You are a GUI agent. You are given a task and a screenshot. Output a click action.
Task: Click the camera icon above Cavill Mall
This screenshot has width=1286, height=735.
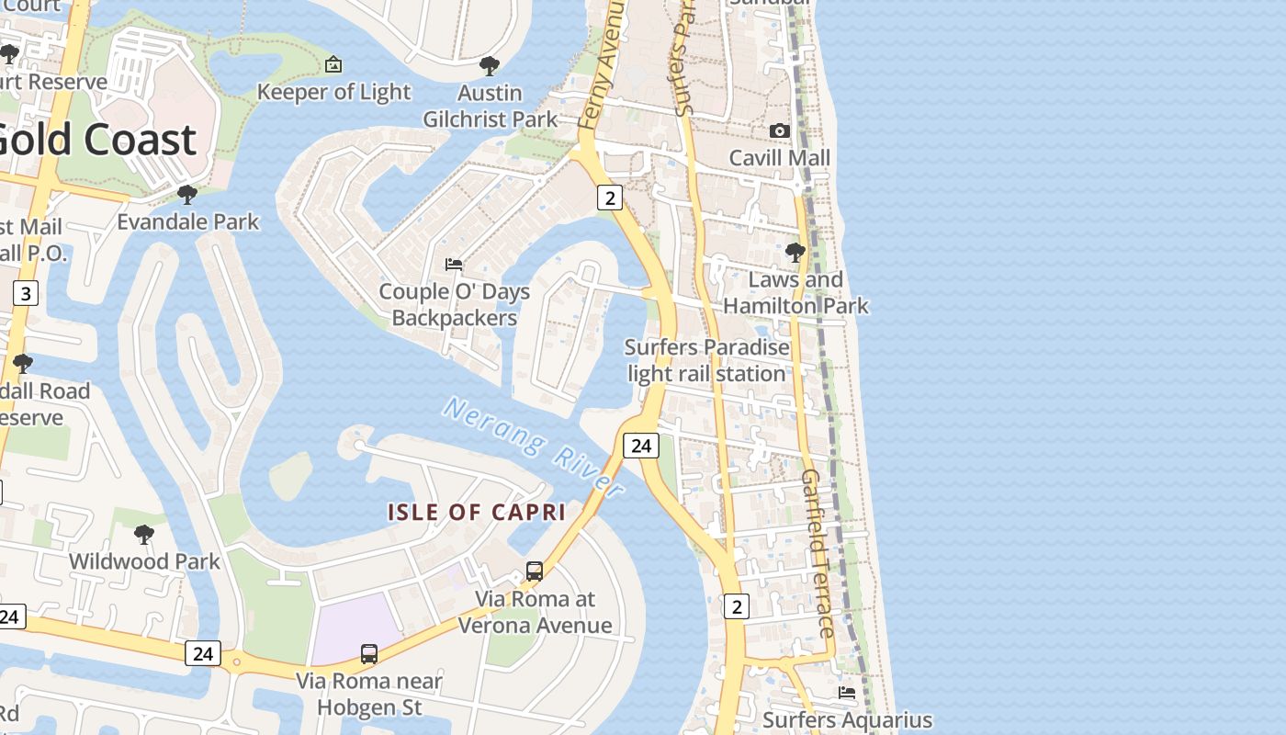click(x=779, y=131)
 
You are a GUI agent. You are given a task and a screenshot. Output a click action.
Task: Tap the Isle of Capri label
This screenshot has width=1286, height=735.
click(x=476, y=513)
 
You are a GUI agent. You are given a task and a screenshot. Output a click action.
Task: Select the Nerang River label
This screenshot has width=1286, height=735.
click(x=533, y=447)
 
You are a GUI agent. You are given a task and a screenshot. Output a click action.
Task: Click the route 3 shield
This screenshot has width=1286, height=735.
click(x=26, y=294)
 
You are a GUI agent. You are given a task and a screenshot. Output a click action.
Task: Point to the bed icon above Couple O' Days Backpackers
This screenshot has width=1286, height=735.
click(x=454, y=265)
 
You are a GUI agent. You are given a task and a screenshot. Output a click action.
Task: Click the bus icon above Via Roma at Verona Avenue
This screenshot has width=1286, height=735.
click(x=535, y=571)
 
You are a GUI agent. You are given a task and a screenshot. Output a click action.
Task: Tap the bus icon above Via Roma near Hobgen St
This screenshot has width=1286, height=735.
click(x=368, y=654)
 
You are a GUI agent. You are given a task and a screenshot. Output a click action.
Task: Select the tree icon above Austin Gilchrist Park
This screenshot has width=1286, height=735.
click(x=490, y=66)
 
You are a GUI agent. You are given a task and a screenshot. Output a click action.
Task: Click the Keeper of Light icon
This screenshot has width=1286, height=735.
click(x=333, y=64)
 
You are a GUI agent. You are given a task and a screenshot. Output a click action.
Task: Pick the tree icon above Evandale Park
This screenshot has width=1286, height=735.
click(x=187, y=195)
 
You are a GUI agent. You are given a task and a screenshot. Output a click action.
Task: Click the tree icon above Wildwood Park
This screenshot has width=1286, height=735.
click(x=144, y=535)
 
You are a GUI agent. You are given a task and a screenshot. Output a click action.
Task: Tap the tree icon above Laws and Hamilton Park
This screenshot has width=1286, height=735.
click(x=795, y=252)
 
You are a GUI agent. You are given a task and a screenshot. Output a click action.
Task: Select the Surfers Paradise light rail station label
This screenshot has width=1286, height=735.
click(x=706, y=360)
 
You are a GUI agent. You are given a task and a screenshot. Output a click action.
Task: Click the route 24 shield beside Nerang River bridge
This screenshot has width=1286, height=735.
click(x=641, y=446)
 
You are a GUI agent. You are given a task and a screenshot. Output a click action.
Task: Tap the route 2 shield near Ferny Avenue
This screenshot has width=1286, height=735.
click(x=610, y=197)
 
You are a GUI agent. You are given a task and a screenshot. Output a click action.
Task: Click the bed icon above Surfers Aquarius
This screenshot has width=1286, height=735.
click(x=847, y=693)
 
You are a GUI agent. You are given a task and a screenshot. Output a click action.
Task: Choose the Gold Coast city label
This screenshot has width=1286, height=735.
click(x=96, y=140)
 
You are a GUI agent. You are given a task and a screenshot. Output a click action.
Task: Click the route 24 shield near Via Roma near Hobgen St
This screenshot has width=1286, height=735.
click(x=203, y=653)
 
